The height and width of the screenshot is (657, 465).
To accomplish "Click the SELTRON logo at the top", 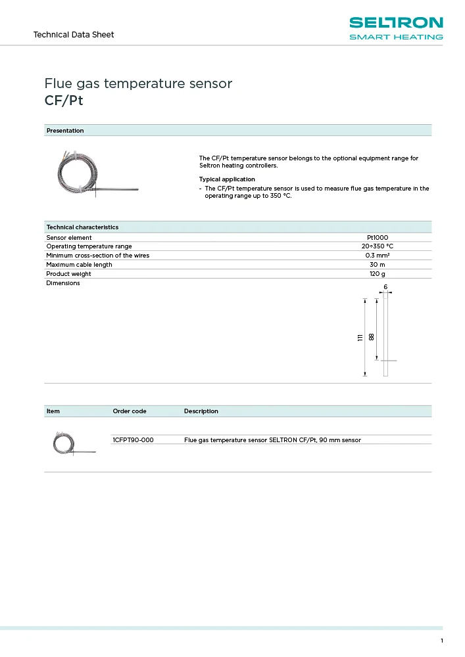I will point(395,28).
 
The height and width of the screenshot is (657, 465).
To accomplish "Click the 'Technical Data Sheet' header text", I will point(74,34).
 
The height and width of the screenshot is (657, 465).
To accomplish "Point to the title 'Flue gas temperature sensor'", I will point(138,83).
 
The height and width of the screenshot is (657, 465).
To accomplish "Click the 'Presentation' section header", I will point(65,131).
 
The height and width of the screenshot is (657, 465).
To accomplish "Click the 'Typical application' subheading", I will point(227,179).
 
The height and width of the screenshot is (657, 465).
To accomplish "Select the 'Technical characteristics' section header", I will point(82,227).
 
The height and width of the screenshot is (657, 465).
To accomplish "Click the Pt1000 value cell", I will point(378,237).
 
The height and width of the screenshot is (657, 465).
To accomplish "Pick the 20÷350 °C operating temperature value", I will point(378,246).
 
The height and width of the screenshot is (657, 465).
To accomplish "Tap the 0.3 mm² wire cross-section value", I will point(378,256).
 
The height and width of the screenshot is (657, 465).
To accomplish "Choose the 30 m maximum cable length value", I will point(378,265).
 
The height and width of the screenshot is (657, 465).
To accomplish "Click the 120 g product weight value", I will point(378,274).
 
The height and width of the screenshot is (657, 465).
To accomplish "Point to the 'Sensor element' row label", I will point(69,237).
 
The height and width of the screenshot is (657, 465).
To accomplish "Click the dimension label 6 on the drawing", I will point(385,287).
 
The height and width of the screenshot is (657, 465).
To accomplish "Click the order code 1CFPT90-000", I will point(134,440).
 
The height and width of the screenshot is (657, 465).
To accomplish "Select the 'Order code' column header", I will point(130,411).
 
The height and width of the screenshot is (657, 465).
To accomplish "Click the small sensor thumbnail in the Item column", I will point(73,443).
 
